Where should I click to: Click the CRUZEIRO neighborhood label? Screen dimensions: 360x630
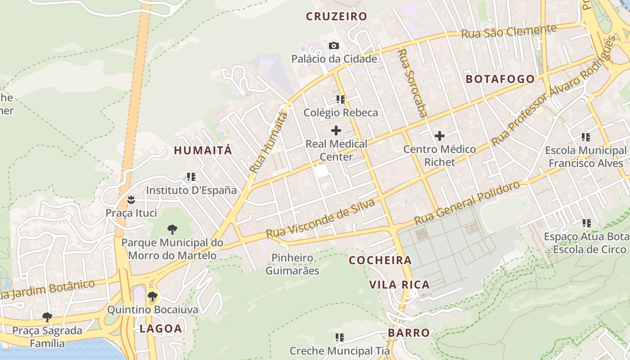click(337, 17)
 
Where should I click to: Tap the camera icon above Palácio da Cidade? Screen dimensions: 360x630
click(334, 45)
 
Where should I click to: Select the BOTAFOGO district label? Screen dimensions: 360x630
click(500, 79)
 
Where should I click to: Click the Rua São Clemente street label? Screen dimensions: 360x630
click(508, 31)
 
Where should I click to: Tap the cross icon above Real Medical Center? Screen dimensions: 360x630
click(336, 131)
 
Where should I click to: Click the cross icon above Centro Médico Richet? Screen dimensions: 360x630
click(440, 136)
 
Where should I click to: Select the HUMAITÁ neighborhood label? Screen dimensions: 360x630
click(203, 150)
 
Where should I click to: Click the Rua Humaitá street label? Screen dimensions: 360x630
click(269, 143)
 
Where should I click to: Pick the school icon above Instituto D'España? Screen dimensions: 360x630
click(191, 177)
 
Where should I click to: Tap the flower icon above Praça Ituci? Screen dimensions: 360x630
click(131, 199)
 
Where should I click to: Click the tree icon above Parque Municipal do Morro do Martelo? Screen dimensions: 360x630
click(172, 229)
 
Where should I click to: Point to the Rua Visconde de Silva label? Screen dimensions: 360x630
click(320, 219)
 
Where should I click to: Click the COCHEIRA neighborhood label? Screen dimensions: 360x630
click(380, 260)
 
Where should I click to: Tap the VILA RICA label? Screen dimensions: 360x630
click(399, 284)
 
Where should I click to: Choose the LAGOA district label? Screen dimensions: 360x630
click(161, 328)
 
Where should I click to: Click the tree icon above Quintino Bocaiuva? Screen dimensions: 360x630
click(153, 296)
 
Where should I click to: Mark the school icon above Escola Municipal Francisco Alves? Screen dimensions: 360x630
click(585, 137)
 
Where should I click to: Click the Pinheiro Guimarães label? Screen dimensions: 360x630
click(292, 264)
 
